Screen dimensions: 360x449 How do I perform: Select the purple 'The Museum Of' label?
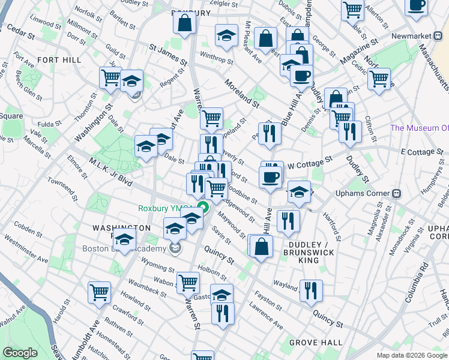tap(419, 128)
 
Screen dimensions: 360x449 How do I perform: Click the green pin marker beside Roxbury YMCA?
tap(203, 209)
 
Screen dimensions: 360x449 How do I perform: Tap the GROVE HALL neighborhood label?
tap(316, 343)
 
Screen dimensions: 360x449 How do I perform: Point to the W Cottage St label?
tap(310, 163)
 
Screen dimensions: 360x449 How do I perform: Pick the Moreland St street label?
tap(242, 93)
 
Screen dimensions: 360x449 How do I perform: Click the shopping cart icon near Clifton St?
tap(379, 78)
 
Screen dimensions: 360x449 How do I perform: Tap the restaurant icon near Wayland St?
tap(311, 290)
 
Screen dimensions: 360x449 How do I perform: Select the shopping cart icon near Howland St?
tap(100, 292)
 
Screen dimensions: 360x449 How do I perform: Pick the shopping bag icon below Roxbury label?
tap(185, 23)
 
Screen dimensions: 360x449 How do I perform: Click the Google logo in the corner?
tap(20, 353)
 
